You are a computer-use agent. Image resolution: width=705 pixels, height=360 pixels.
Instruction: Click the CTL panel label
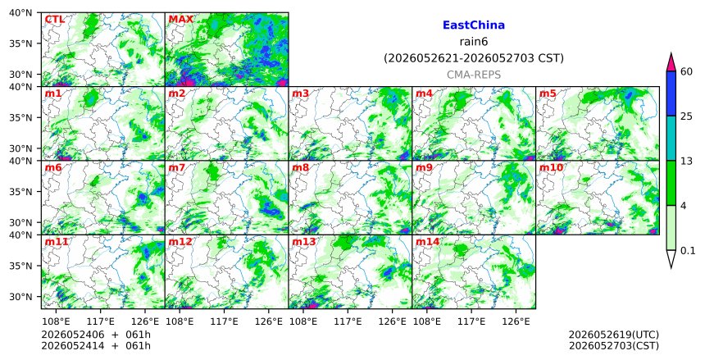click(x=54, y=20)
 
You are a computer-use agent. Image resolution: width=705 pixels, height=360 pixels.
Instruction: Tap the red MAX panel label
click(x=180, y=20)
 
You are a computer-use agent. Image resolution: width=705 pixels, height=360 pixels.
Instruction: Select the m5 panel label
click(x=548, y=93)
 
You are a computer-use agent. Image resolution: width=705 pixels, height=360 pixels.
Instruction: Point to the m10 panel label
click(x=551, y=168)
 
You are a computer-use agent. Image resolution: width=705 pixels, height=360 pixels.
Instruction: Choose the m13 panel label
click(x=304, y=242)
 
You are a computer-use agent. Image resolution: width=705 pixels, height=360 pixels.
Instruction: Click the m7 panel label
click(x=177, y=168)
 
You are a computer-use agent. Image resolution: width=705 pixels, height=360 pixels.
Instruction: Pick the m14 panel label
click(x=427, y=242)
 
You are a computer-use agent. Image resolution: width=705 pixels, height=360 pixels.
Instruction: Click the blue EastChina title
click(x=474, y=25)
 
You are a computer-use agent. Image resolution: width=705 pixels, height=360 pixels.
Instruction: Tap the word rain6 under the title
click(x=474, y=42)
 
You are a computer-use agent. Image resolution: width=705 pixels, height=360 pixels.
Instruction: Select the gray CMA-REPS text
click(x=474, y=75)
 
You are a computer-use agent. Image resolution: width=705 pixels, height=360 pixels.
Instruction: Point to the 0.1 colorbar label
click(x=688, y=251)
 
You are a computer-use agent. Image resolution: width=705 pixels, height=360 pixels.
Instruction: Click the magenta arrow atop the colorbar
click(x=671, y=62)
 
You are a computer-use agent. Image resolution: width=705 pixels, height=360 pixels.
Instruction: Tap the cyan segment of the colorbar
click(x=671, y=138)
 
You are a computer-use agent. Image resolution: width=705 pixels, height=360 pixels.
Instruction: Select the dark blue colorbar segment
click(x=671, y=93)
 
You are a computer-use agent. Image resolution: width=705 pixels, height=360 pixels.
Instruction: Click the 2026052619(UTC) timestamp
click(x=614, y=335)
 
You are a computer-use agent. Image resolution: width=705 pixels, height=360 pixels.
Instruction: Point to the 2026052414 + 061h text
click(x=96, y=346)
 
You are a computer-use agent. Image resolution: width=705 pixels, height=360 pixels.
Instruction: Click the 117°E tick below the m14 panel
click(x=471, y=321)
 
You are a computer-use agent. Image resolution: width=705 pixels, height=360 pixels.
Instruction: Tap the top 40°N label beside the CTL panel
click(x=20, y=13)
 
